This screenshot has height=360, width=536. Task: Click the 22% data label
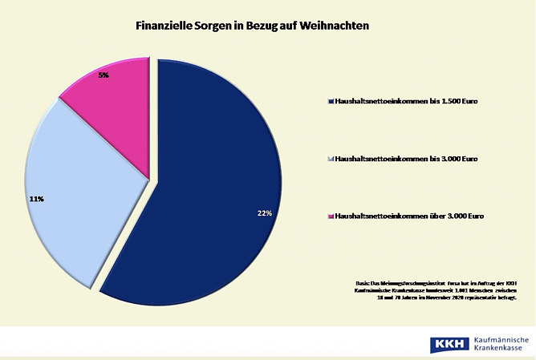click(x=264, y=213)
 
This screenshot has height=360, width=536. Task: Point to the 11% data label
click(x=36, y=198)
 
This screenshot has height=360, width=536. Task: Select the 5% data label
click(x=104, y=75)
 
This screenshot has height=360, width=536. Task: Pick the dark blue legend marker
click(x=331, y=103)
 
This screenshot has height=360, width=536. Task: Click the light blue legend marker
click(x=331, y=160)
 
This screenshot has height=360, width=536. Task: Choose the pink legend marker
click(x=331, y=216)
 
